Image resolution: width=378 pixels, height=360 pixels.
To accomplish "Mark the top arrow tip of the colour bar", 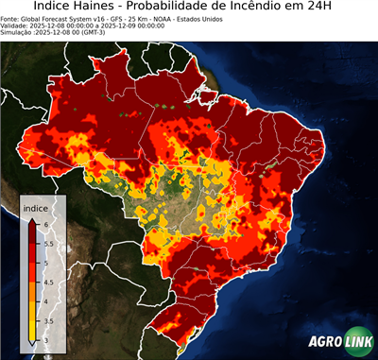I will pos(32,218).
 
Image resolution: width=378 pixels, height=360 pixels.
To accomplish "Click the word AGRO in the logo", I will pos(324,343).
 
